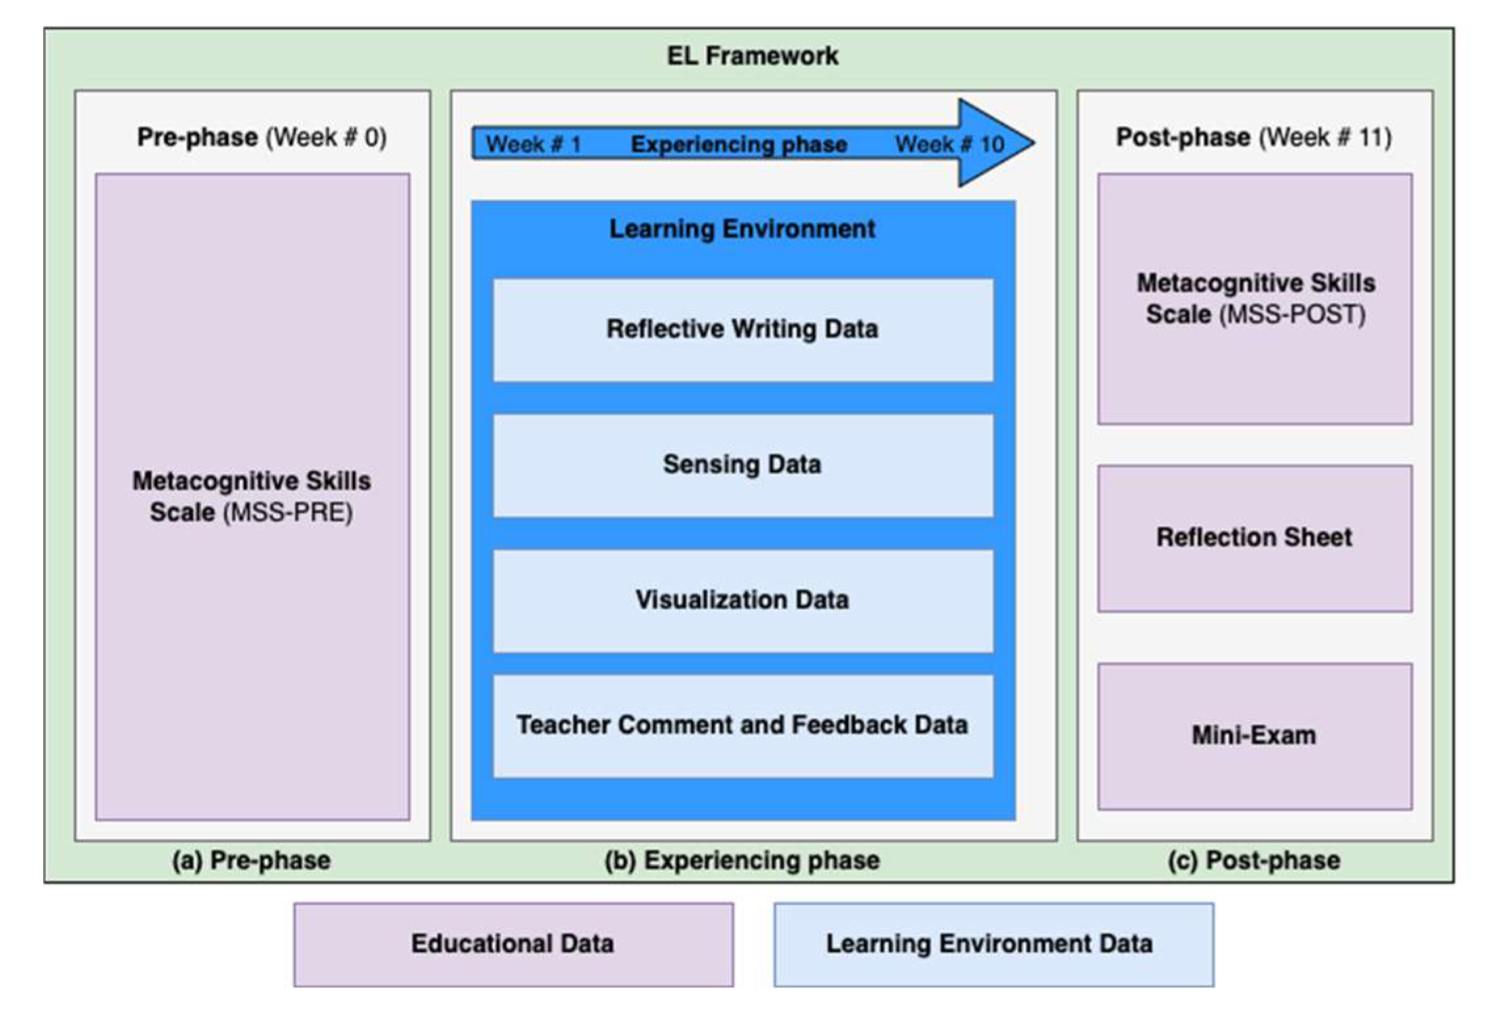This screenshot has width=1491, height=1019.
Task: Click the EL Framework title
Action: pos(752,56)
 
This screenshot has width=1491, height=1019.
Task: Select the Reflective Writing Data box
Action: pos(743,330)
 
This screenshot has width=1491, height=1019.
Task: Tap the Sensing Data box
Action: pos(743,465)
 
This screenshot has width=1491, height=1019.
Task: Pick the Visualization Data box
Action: pos(743,600)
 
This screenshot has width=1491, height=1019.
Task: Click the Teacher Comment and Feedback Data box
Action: pos(743,725)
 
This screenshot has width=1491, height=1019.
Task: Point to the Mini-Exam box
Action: pos(1254,736)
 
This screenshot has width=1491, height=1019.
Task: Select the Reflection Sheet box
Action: pos(1254,538)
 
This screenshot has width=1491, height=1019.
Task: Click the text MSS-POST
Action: pos(1292,315)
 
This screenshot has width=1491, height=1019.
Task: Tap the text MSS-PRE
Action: pos(288,513)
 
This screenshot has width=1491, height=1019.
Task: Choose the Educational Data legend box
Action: pos(513,944)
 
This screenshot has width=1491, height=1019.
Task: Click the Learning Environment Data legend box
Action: pos(993,944)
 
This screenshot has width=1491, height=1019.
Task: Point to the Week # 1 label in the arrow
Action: pos(533,144)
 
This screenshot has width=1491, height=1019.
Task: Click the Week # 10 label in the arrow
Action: pos(950,144)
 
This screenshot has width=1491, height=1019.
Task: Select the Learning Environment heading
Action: pos(743,229)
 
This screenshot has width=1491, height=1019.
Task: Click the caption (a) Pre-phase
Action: pos(252,861)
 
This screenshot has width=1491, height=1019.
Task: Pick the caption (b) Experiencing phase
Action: pos(743,861)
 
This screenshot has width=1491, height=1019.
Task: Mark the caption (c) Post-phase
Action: pos(1254,861)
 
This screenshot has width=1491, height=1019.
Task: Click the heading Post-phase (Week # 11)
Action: pos(1254,138)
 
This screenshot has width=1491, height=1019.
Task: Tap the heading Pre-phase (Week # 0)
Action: pos(261,138)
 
